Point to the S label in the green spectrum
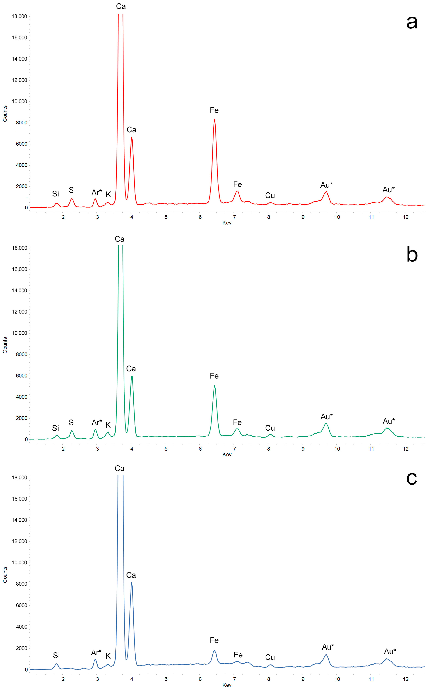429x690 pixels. [x=71, y=423]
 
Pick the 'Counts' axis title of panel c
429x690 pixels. [x=5, y=575]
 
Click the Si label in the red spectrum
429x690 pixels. [x=55, y=194]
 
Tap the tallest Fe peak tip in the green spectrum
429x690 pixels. [x=214, y=386]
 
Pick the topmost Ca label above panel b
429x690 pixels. [x=119, y=239]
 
